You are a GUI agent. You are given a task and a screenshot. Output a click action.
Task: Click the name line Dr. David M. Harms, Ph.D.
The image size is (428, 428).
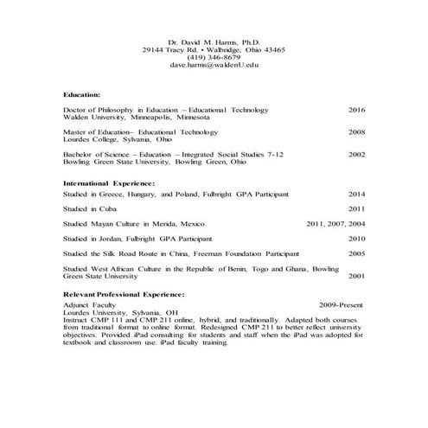(214, 41)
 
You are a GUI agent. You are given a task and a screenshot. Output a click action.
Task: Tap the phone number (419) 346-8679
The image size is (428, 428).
(214, 57)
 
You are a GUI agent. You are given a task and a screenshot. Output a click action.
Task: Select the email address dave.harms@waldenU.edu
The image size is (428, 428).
(214, 65)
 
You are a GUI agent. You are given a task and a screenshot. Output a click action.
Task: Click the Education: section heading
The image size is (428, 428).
(82, 93)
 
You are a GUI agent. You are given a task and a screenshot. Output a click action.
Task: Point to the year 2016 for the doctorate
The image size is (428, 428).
(356, 110)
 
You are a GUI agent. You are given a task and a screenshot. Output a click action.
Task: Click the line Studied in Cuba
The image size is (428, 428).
(88, 208)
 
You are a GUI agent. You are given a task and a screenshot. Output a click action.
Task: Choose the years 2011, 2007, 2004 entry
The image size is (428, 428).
(335, 223)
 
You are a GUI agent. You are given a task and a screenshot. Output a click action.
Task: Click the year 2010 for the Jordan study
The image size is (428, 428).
(356, 238)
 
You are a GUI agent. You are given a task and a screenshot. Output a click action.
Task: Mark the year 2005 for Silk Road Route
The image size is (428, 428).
(356, 253)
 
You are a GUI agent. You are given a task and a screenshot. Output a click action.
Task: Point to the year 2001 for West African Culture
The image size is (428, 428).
(356, 276)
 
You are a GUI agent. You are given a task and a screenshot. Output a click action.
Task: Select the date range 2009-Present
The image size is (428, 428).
(341, 305)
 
